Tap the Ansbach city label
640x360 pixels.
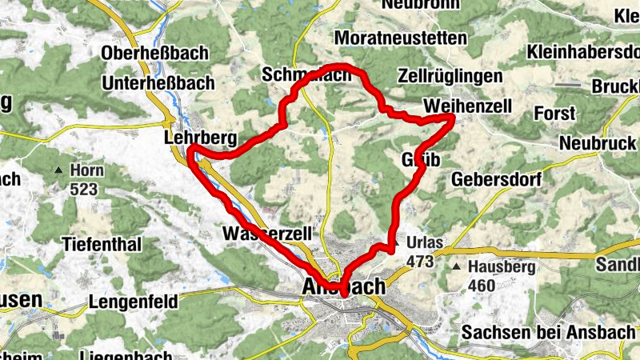coord(344,286)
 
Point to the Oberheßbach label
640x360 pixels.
coord(155,53)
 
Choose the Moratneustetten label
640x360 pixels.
coord(390,38)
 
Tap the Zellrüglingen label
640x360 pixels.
coord(450,77)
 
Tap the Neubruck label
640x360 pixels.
coord(596,142)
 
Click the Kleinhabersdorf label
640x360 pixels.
coord(582,52)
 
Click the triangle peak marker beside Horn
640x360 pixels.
coord(58,170)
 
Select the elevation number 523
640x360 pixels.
coord(83,190)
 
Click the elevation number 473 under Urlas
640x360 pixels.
coord(420,261)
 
